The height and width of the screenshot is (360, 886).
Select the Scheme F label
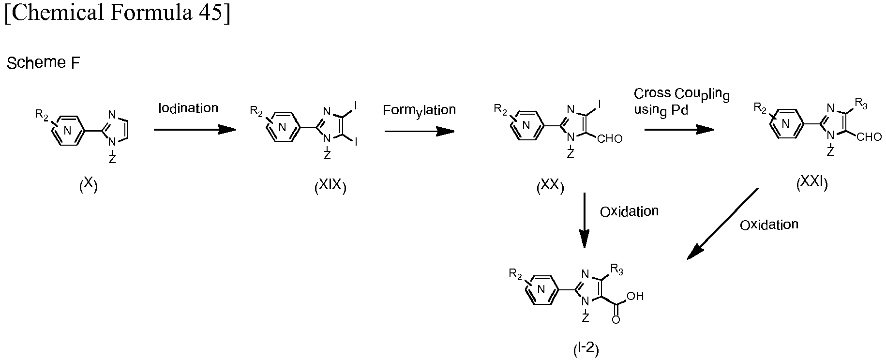(43, 63)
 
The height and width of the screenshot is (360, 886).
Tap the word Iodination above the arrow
(188, 108)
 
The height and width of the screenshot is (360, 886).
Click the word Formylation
(419, 111)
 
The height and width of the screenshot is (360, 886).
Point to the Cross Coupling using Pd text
(682, 102)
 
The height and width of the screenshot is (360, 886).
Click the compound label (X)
(89, 185)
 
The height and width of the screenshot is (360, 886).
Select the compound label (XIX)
(330, 186)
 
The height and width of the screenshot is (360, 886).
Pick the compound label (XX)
(550, 186)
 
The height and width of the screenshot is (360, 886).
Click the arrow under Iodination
(195, 130)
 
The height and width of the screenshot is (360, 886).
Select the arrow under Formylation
(420, 131)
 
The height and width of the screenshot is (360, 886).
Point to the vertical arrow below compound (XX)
(585, 220)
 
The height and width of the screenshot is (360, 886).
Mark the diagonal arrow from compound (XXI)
(723, 224)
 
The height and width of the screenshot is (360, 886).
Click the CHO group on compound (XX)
(610, 139)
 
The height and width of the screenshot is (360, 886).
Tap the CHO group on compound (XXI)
(869, 137)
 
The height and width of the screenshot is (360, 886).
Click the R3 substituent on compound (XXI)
(861, 103)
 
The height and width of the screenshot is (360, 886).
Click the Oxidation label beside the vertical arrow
(629, 211)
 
